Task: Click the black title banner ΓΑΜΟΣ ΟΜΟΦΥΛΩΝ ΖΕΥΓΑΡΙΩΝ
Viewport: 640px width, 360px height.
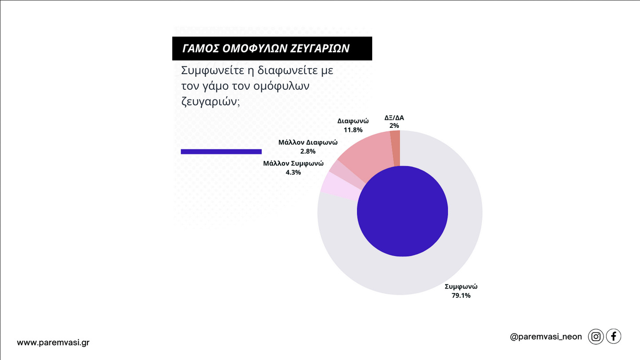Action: point(272,48)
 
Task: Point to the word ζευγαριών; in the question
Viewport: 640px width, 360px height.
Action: point(211,102)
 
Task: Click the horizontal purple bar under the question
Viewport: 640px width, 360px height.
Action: point(221,152)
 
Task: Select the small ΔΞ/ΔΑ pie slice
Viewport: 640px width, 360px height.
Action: point(395,148)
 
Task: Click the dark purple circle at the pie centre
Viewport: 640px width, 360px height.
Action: point(402,211)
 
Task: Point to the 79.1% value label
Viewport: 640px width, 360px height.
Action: point(461,296)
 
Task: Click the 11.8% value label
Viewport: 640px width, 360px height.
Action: point(353,130)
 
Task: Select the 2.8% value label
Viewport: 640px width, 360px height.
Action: point(308,151)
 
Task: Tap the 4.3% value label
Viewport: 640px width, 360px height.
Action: point(293,172)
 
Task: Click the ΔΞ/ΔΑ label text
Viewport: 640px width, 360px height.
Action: point(394,118)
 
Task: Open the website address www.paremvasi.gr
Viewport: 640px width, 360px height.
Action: point(53,343)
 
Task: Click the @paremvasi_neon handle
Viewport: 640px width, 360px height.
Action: point(546,337)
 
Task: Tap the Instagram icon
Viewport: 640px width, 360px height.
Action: point(596,337)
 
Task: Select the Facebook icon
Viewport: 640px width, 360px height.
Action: point(613,336)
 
